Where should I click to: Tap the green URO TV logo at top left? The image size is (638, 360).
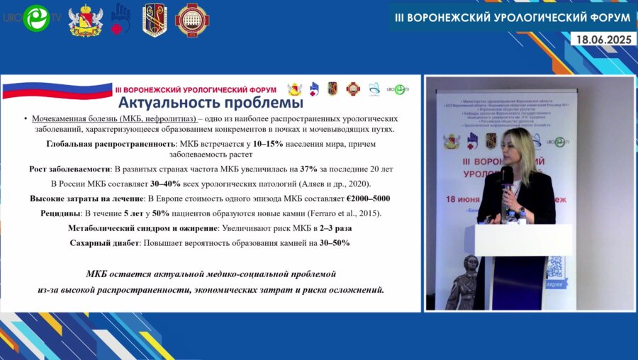point(35,19)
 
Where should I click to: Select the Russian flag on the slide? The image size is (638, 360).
point(57,90)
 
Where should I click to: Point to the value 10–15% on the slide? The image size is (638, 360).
point(268,144)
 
